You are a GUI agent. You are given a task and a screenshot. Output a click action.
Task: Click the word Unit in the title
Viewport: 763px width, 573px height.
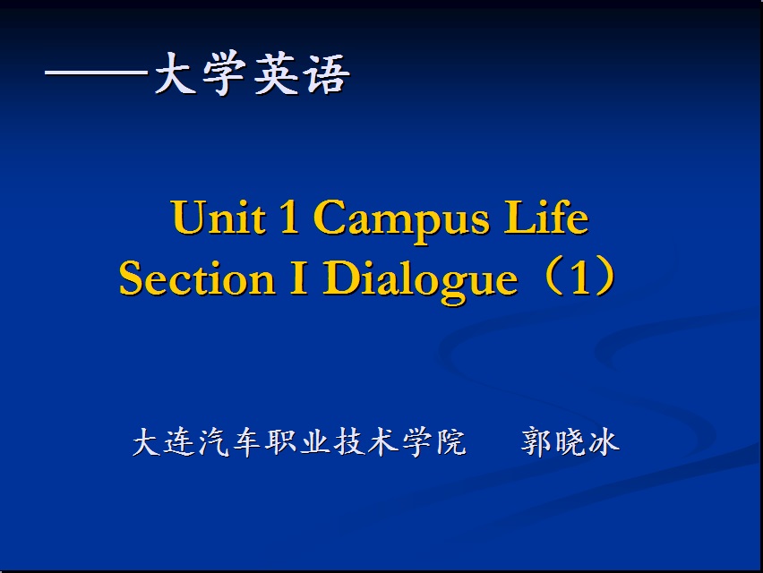[x=219, y=217]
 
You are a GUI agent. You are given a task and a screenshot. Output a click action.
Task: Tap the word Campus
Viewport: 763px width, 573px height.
[x=401, y=220]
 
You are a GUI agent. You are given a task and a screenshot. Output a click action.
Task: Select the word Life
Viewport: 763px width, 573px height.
[x=546, y=217]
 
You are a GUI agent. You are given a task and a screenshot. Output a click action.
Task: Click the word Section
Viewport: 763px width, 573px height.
[x=197, y=278]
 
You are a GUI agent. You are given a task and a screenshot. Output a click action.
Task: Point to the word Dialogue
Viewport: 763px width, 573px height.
[x=420, y=281]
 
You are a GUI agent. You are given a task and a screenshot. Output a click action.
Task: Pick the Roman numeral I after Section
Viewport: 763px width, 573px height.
[x=298, y=278]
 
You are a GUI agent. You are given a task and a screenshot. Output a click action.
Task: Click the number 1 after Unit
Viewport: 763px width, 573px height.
[x=289, y=217]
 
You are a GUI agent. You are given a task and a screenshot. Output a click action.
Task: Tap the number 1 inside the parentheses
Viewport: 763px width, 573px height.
[x=580, y=278]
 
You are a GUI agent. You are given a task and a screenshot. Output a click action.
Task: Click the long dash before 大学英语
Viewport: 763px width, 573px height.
[x=97, y=73]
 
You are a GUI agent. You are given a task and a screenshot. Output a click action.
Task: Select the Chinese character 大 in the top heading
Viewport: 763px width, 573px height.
[x=173, y=73]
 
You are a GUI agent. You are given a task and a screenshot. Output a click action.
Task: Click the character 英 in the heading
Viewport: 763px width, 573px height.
[x=274, y=73]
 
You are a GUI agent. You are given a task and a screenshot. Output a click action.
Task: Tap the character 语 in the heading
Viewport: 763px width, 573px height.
[x=327, y=74]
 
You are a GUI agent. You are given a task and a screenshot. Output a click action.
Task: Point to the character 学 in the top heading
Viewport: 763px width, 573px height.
[x=223, y=73]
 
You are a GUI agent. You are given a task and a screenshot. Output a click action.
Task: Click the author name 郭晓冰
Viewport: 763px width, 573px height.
[x=570, y=442]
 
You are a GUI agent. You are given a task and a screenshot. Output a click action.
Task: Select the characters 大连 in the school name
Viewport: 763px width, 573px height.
[x=164, y=442]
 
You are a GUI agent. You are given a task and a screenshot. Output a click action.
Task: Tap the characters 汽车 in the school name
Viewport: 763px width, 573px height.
[x=231, y=442]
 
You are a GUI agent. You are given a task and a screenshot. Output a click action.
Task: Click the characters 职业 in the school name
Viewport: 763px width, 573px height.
[x=298, y=442]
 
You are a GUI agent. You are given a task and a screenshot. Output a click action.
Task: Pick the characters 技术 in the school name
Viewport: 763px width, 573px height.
[x=366, y=442]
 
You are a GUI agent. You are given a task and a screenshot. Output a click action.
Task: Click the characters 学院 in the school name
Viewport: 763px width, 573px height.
[x=433, y=442]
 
